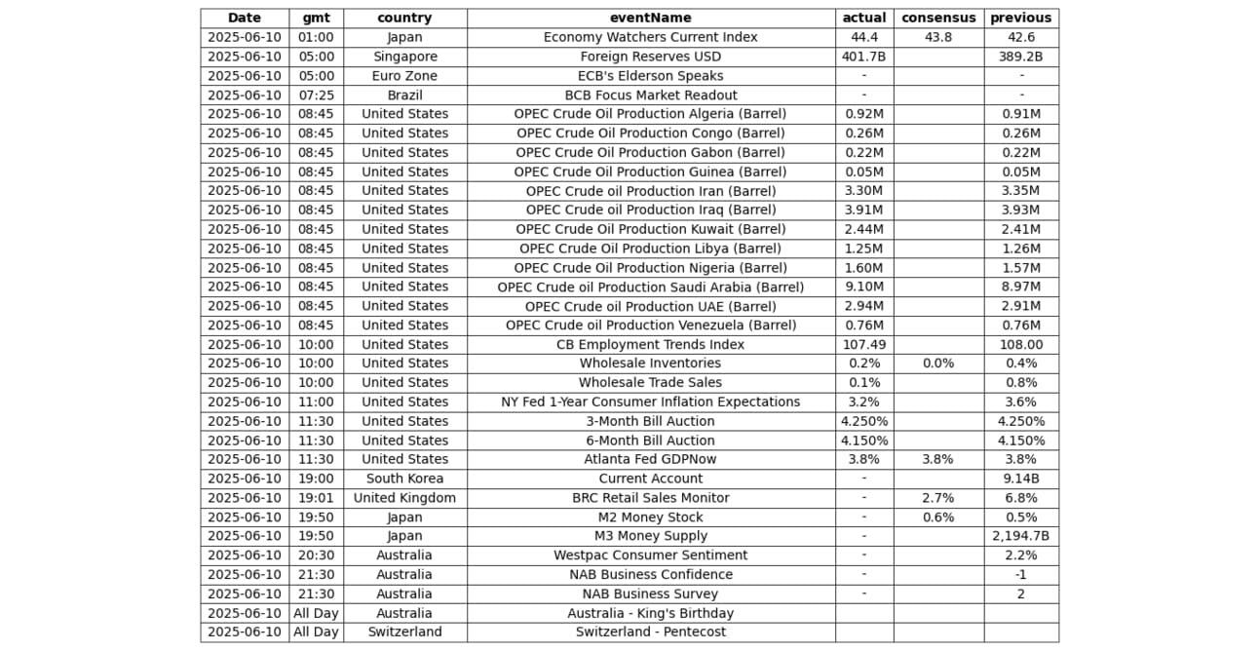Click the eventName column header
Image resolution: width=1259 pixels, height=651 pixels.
(x=650, y=18)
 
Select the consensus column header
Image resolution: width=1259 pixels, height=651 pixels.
(x=937, y=18)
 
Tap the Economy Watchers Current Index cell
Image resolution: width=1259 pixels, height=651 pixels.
(x=650, y=37)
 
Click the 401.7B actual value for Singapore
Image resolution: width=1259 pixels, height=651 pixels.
(x=863, y=57)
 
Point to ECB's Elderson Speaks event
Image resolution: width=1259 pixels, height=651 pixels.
(x=650, y=76)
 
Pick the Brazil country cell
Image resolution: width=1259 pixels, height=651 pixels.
(x=404, y=96)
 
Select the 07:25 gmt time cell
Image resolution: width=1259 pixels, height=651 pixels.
(x=316, y=96)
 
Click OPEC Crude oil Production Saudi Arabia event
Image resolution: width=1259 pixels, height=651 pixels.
(x=650, y=287)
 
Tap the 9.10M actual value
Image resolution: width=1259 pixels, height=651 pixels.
(x=863, y=287)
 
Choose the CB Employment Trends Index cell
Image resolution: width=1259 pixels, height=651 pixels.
(x=650, y=344)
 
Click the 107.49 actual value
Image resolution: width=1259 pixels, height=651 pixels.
(x=863, y=344)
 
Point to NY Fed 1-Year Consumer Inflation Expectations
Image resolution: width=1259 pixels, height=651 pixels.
(x=650, y=402)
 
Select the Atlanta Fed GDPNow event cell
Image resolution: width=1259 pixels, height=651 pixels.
(x=650, y=459)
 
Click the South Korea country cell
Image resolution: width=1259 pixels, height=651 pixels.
(x=404, y=479)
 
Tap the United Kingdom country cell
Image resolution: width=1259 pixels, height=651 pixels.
(x=404, y=498)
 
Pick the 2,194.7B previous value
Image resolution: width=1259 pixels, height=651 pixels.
(x=1020, y=536)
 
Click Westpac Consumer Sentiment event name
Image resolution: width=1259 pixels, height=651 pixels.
(x=650, y=555)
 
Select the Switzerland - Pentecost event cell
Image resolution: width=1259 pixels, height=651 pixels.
(x=650, y=632)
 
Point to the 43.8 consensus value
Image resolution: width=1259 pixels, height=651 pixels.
(x=937, y=37)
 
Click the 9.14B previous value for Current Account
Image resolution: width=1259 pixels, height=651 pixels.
(x=1020, y=479)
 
